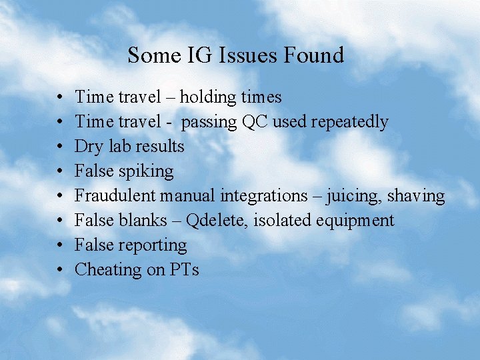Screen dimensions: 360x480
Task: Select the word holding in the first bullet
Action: (209, 97)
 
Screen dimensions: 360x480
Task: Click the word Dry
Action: (87, 147)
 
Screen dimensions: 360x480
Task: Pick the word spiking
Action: (145, 172)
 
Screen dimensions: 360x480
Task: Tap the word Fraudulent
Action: (115, 196)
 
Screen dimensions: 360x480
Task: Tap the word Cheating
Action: (104, 270)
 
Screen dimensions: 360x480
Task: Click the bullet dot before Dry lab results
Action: (61, 147)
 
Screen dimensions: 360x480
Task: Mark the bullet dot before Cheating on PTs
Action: (61, 270)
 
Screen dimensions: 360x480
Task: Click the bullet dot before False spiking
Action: (61, 171)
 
